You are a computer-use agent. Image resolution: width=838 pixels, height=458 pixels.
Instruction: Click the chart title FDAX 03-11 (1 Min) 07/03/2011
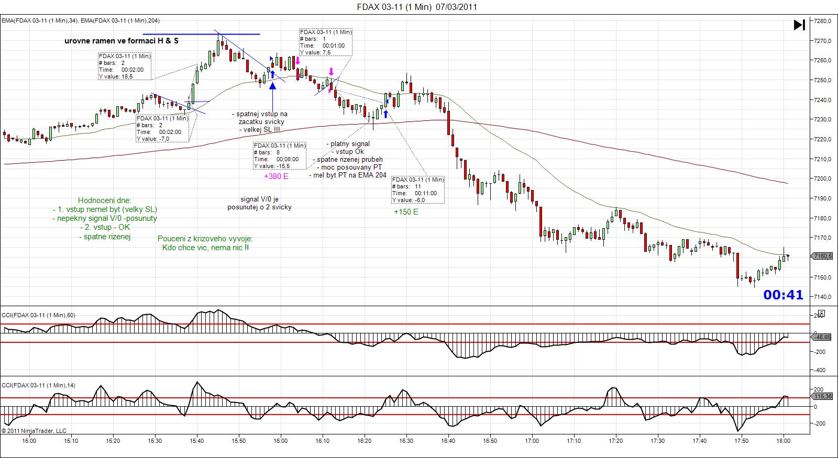[x=416, y=7]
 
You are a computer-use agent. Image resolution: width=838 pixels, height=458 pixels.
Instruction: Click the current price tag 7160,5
[x=823, y=256]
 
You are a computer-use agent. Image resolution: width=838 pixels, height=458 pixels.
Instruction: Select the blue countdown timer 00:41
[x=783, y=295]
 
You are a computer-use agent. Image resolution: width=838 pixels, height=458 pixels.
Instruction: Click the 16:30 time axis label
[x=406, y=441]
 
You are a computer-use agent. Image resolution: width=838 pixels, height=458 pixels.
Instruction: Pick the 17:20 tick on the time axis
[x=616, y=441]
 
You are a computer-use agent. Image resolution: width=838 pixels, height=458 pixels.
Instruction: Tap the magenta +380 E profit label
[x=276, y=176]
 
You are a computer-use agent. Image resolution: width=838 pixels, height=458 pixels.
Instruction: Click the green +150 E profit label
[x=406, y=212]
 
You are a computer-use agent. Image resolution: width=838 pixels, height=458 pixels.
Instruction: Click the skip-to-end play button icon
[x=799, y=25]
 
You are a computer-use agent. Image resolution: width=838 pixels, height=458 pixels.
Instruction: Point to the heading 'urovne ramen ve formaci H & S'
[x=121, y=41]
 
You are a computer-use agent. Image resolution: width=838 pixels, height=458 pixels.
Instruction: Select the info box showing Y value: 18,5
[x=125, y=66]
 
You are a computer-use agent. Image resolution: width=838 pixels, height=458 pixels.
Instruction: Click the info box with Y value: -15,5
[x=279, y=155]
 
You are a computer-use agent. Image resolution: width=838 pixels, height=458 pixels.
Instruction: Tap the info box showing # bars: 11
[x=418, y=190]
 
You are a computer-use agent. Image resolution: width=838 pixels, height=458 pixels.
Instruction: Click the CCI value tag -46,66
[x=823, y=338]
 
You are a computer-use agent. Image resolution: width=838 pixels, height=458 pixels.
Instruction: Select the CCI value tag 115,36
[x=823, y=397]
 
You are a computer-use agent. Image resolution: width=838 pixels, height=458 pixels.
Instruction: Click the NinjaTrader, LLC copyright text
[x=34, y=431]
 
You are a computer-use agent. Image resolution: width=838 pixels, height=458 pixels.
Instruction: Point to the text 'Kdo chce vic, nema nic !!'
[x=206, y=247]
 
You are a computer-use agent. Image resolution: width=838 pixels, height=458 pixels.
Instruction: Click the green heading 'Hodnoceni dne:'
[x=105, y=200]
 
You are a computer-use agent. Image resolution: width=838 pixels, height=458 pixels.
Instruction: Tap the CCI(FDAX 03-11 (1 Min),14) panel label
[x=38, y=385]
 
